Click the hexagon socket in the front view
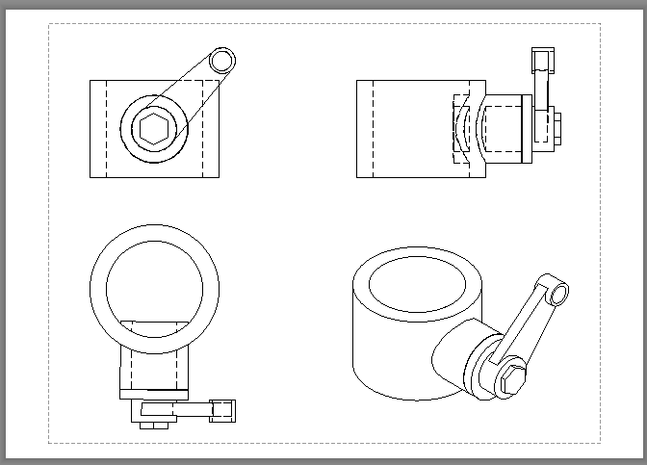coord(153,129)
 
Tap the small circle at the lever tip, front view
coord(221,61)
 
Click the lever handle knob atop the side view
coord(543,61)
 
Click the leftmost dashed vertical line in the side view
coord(371,129)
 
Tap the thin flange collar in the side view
coord(526,129)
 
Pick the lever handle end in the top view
coord(224,409)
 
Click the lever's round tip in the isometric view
coord(555,287)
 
